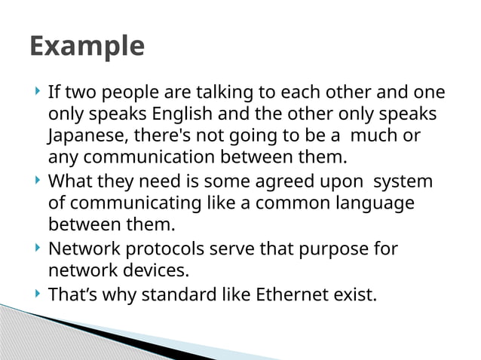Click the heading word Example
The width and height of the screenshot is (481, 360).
[87, 47]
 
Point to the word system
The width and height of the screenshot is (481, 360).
[403, 182]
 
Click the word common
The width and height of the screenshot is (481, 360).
[280, 203]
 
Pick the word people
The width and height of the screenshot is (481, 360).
[127, 93]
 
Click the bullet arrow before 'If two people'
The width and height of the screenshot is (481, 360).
[38, 93]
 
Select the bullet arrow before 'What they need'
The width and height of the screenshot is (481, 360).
[38, 181]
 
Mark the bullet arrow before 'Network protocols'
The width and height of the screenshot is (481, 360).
[38, 247]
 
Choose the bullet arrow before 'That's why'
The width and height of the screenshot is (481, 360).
[38, 292]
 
